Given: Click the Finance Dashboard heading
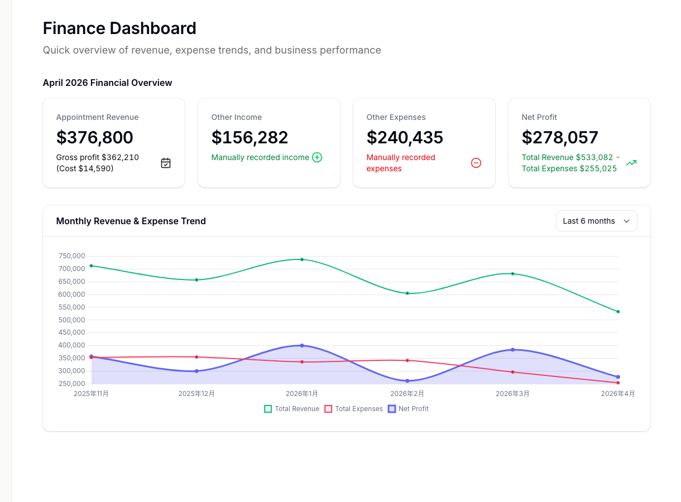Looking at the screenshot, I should [119, 28].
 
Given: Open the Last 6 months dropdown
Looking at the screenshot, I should [596, 221].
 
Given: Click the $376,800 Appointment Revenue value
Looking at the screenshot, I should [95, 137].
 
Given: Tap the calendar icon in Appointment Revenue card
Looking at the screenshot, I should [166, 163].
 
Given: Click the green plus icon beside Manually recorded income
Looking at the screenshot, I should [317, 157].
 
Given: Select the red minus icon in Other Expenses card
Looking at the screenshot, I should [476, 163].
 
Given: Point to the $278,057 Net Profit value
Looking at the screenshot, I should [560, 137].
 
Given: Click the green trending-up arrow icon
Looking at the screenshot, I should [631, 163].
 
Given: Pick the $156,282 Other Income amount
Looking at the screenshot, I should [250, 137].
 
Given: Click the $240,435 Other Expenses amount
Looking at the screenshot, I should [405, 137].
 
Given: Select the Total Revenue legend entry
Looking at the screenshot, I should [291, 409].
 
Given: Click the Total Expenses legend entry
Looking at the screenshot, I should [353, 409].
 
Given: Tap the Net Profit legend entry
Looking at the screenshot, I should [408, 409].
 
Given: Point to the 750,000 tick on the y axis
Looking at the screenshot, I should [71, 256].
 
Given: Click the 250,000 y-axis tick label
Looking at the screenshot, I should [71, 384].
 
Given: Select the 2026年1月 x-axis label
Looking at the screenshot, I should [302, 394].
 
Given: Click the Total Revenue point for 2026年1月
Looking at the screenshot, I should [302, 259].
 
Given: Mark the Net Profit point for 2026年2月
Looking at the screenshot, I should [407, 381].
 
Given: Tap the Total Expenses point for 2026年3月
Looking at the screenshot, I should [512, 372].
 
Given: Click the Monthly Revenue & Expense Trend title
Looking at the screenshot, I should [131, 221].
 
